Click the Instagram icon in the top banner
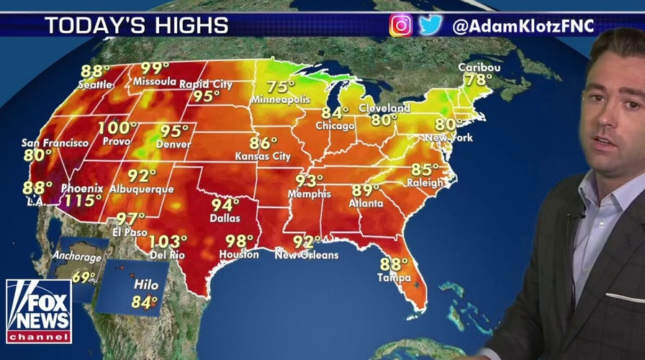tap(400, 25)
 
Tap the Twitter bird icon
tap(430, 25)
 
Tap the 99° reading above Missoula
tap(155, 69)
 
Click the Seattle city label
tap(96, 85)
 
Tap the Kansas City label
tap(263, 156)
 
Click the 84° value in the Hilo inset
tap(145, 302)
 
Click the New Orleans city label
tap(306, 255)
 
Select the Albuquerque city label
tap(142, 189)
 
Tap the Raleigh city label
tap(425, 183)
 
